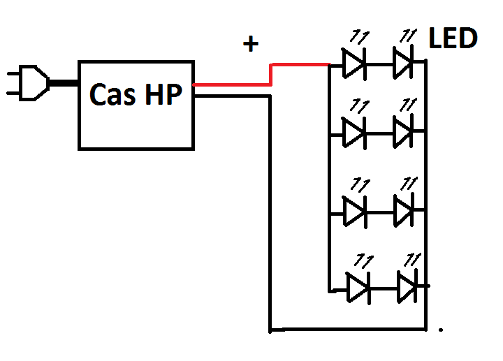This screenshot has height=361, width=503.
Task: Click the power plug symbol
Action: coord(28,82)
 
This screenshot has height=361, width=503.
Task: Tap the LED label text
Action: coord(453,38)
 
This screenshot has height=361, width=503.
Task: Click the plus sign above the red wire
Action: coord(250,44)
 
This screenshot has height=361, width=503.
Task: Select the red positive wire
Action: coord(300,65)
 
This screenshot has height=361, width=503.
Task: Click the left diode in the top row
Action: coord(354,64)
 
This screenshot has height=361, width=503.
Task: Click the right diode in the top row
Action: coord(404,64)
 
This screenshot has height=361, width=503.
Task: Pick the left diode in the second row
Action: coord(354,131)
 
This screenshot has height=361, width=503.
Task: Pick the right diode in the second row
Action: coord(404,131)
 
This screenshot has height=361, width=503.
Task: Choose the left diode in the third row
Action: coord(354,209)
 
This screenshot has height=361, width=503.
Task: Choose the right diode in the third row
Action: coord(404,209)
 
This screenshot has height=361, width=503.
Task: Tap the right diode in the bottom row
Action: coord(409,286)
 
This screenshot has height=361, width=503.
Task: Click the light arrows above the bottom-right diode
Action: coord(412,259)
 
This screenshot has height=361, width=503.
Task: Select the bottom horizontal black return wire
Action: coord(349,328)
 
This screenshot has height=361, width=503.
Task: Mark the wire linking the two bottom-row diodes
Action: coord(384,286)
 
